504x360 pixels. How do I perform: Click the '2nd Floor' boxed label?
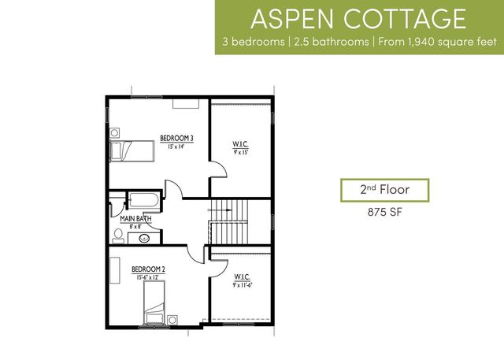click(x=385, y=190)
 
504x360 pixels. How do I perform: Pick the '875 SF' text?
click(x=385, y=211)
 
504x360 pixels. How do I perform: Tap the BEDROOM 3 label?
click(x=176, y=138)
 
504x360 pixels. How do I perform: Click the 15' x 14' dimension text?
click(x=176, y=147)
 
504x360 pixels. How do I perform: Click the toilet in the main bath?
click(x=117, y=235)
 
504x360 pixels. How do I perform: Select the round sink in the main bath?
click(x=145, y=238)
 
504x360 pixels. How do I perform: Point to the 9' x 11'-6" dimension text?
click(x=242, y=286)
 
